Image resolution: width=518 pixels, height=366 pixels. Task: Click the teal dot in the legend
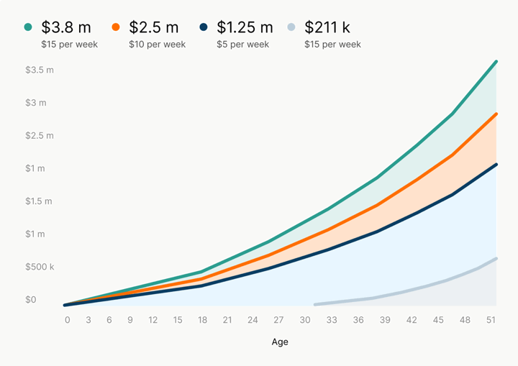coord(28,27)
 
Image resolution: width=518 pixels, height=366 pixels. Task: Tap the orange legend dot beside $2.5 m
coord(116,27)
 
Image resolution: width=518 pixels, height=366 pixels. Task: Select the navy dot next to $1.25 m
coord(204,27)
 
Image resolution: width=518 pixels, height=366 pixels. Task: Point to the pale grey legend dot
coord(291,27)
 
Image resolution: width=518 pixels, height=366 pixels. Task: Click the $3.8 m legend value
coord(66,27)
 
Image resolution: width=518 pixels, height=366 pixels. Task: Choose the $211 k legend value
coord(327,27)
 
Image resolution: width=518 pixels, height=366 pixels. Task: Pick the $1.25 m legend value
coord(245,27)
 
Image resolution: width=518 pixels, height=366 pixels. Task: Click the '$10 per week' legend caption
coord(157,45)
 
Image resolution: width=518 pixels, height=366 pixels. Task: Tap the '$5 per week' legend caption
coord(242,45)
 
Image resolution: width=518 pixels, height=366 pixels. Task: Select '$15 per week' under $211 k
coord(332,45)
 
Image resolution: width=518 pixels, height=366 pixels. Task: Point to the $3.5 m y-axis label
coord(40,70)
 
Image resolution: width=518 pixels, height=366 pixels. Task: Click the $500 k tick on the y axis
coord(40,267)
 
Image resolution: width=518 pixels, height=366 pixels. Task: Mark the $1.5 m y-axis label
coord(40,201)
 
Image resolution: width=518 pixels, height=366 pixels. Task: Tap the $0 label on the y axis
coord(31,299)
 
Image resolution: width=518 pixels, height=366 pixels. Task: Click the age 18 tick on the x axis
coord(203,320)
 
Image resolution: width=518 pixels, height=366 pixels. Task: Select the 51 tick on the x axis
coord(491,320)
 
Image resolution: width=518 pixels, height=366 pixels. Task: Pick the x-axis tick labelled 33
coord(332,320)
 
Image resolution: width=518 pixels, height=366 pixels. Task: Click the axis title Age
coord(280,342)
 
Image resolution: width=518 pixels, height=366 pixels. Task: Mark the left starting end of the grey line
coord(315,304)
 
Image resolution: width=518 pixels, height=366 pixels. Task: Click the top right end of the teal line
coord(496,62)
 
